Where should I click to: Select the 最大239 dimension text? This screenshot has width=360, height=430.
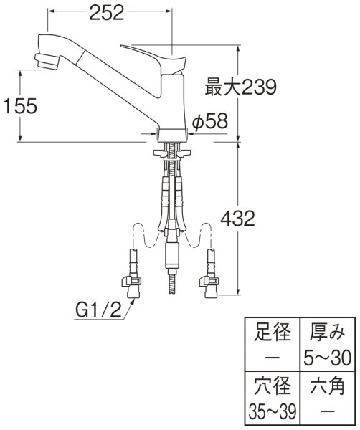pyautogui.click(x=241, y=88)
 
